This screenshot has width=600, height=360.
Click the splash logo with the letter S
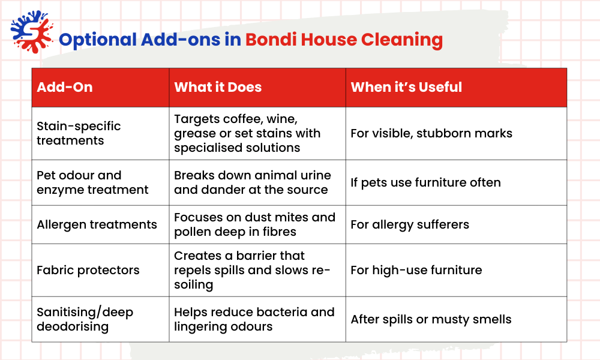[30, 33]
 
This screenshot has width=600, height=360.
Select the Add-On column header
[65, 87]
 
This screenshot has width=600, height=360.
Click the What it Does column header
[218, 87]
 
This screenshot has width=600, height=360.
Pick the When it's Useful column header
[406, 87]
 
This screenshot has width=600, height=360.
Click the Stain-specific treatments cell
[79, 133]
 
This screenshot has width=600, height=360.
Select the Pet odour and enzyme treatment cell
[92, 182]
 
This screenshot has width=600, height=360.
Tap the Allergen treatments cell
[97, 224]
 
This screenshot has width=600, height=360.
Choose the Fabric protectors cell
[88, 270]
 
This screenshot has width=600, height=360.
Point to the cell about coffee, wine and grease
[247, 133]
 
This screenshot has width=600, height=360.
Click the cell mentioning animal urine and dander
[252, 182]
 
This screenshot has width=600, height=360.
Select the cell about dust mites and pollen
[254, 224]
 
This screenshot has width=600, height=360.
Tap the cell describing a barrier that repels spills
[252, 270]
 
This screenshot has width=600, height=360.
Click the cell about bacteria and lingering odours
[254, 319]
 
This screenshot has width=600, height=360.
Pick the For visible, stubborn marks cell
[431, 133]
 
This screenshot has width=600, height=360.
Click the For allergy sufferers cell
[410, 224]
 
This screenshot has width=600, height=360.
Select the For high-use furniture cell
[416, 270]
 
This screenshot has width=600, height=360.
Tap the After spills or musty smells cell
[431, 319]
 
